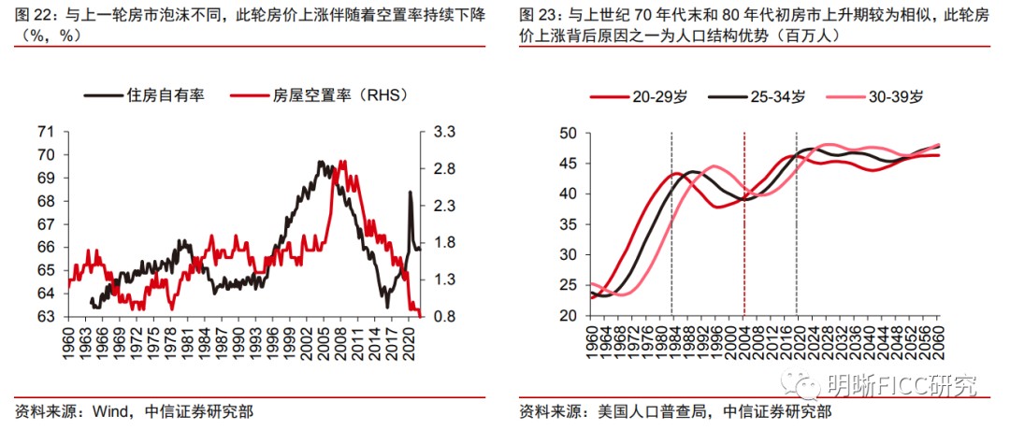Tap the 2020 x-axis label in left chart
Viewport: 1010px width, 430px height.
click(x=409, y=345)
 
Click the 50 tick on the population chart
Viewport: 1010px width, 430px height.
click(x=570, y=134)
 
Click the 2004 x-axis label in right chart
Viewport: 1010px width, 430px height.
click(x=743, y=343)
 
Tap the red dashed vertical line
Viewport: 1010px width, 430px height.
click(x=743, y=224)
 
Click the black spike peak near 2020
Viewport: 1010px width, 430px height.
click(x=410, y=193)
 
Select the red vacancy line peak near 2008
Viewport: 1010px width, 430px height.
click(x=343, y=163)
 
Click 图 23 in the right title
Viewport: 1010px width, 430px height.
click(x=541, y=17)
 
